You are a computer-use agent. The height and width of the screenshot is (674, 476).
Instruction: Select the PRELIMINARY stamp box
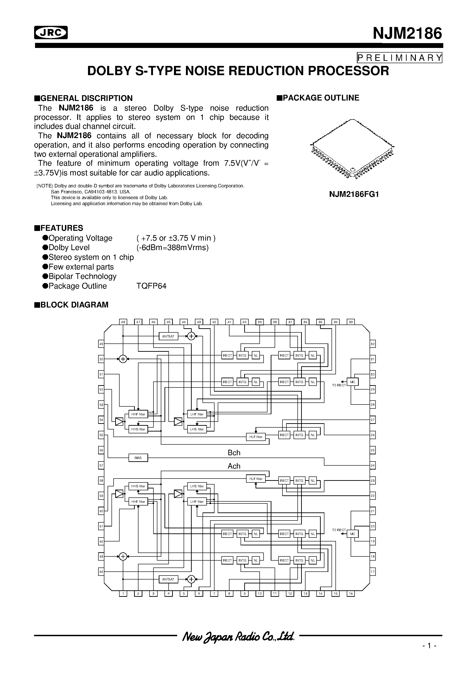(400, 58)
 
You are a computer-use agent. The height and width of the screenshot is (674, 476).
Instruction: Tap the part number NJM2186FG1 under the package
(354, 194)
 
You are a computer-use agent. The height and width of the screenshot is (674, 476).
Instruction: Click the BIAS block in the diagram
(138, 458)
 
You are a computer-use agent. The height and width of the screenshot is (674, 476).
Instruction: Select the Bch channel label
(234, 453)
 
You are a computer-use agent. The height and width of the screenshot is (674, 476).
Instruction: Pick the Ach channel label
(234, 466)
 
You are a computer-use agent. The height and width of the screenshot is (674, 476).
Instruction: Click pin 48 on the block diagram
(123, 322)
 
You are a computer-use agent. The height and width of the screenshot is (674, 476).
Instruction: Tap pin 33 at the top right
(351, 322)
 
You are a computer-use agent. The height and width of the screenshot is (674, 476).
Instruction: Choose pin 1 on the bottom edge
(123, 594)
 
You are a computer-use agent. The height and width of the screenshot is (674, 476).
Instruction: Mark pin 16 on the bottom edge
(351, 594)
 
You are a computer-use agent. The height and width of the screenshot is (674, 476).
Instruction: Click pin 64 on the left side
(101, 572)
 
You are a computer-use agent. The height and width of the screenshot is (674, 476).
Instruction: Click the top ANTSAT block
(168, 336)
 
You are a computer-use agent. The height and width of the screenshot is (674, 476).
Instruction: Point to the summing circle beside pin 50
(123, 359)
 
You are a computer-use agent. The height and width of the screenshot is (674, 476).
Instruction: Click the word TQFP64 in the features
(151, 286)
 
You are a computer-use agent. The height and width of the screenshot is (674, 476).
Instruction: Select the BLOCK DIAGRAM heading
(72, 305)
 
